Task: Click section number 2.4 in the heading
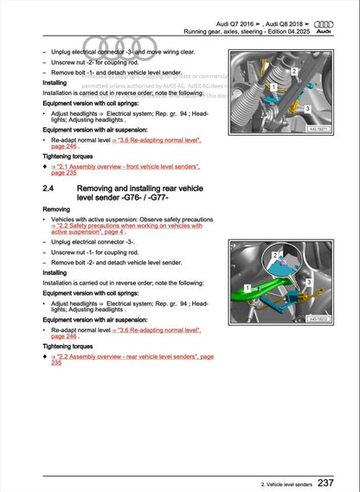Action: [x=49, y=188]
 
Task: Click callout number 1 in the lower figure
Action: [x=248, y=286]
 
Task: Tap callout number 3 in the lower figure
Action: [x=309, y=282]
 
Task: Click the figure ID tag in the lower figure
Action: [x=322, y=319]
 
